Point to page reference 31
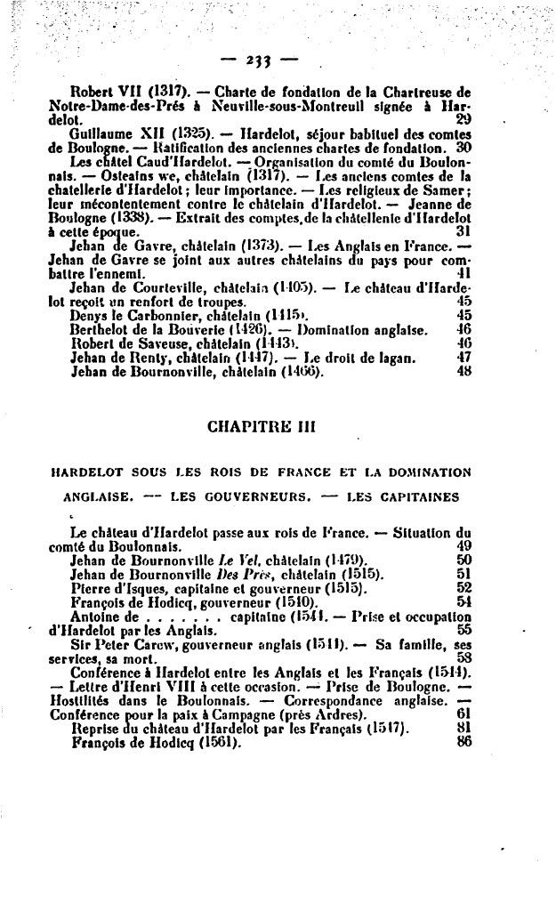click(463, 230)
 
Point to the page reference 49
click(463, 546)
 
